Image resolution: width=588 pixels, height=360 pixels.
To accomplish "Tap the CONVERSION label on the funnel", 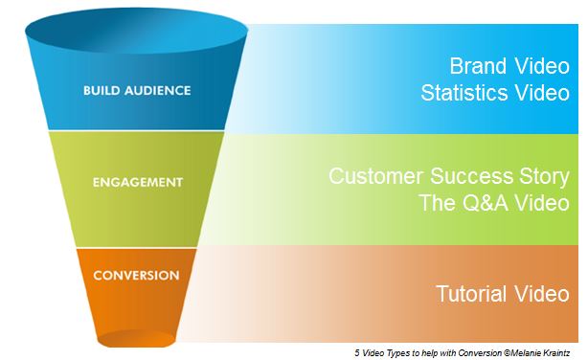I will pyautogui.click(x=136, y=275).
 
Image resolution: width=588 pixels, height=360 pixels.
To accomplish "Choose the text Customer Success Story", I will pyautogui.click(x=448, y=177).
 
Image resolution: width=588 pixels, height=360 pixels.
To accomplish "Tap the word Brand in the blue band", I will pyautogui.click(x=478, y=68).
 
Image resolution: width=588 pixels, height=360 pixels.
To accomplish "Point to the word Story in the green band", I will pyautogui.click(x=543, y=177).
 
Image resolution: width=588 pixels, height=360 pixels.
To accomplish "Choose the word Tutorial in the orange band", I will pyautogui.click(x=469, y=294).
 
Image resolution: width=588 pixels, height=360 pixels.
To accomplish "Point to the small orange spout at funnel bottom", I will pyautogui.click(x=136, y=337).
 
